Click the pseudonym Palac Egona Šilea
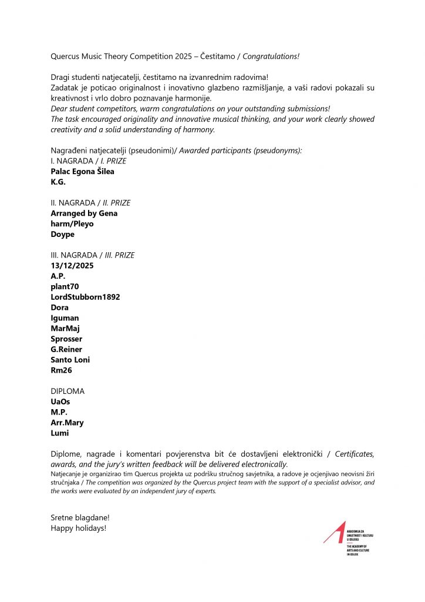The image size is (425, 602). (x=82, y=171)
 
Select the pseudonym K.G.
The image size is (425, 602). (x=58, y=182)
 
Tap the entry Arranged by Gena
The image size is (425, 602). (x=84, y=213)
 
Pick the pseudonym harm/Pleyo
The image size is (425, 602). (x=72, y=224)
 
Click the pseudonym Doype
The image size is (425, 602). (x=62, y=234)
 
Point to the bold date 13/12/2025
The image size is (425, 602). (x=72, y=266)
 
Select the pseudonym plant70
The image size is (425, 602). (x=65, y=286)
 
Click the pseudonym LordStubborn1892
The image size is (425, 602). (x=85, y=297)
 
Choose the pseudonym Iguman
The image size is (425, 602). (x=65, y=318)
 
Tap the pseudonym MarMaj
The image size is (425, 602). (x=66, y=329)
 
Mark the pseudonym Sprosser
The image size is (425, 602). (x=66, y=339)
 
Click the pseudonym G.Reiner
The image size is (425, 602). (x=66, y=349)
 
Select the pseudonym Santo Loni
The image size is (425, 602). (x=70, y=360)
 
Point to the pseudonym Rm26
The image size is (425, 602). (x=60, y=370)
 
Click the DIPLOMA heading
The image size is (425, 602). (x=68, y=391)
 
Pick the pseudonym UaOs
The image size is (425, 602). (x=60, y=402)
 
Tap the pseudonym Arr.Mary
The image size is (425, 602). (x=67, y=423)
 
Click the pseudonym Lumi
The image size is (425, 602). (x=60, y=433)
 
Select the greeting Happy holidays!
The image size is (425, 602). (x=79, y=528)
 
